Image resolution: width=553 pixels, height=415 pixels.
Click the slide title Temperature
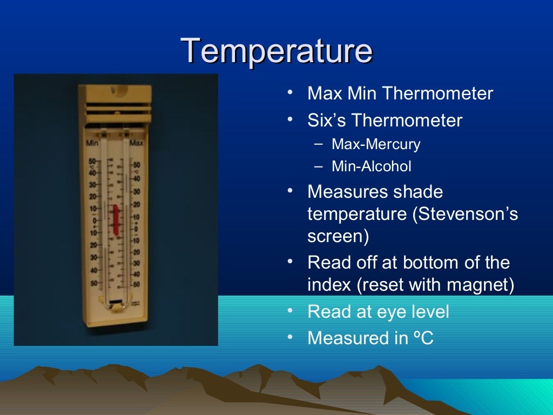(x=276, y=51)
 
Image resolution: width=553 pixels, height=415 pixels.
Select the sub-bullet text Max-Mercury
(x=376, y=144)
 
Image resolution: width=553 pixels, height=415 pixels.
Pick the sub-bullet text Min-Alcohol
(x=372, y=166)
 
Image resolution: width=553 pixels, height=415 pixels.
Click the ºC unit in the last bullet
(x=423, y=338)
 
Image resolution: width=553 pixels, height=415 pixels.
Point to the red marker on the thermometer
(x=115, y=219)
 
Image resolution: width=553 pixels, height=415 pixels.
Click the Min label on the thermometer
(x=92, y=144)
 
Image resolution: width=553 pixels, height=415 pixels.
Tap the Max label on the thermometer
(x=137, y=143)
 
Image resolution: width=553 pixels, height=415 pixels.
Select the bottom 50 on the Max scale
(x=136, y=284)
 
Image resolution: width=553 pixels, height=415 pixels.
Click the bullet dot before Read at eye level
(x=291, y=311)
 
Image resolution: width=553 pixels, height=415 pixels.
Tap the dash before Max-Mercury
(x=319, y=143)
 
